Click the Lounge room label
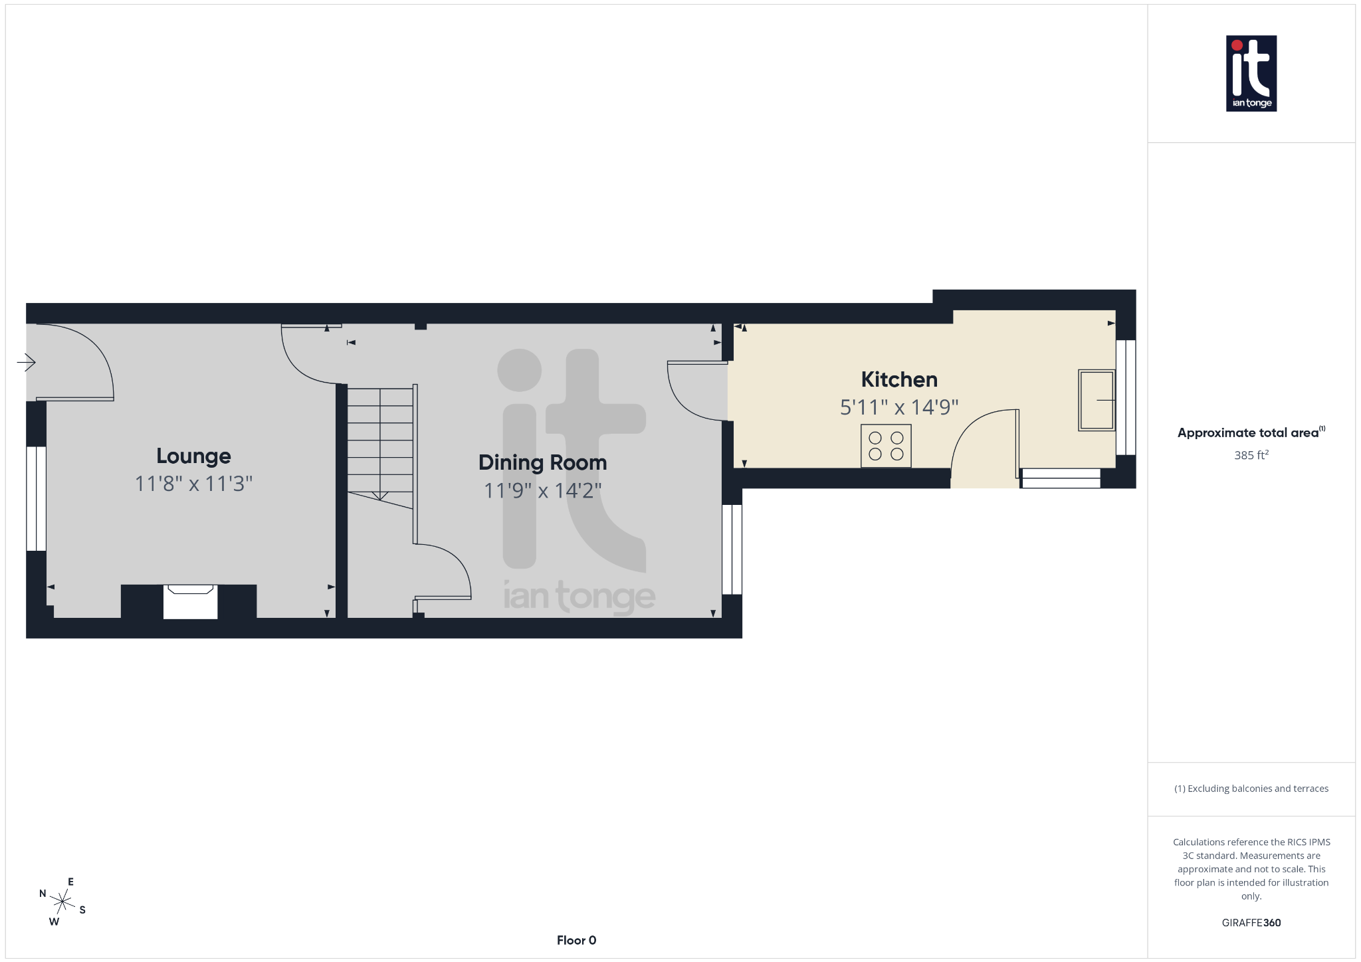[193, 456]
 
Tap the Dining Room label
[542, 462]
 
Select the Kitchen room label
[899, 379]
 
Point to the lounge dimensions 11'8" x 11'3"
[193, 484]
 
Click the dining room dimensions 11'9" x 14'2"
[542, 490]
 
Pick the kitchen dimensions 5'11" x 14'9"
[899, 407]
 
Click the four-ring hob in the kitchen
[886, 446]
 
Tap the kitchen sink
[1096, 400]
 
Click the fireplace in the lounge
[190, 601]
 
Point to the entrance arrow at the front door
[27, 362]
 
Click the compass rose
[62, 902]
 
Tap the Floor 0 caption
[576, 940]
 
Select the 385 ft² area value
[1251, 455]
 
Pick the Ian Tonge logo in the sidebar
[1251, 73]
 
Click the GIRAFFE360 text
[1251, 922]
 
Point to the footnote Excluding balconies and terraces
[1251, 789]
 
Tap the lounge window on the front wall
[36, 498]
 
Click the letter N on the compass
[43, 894]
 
